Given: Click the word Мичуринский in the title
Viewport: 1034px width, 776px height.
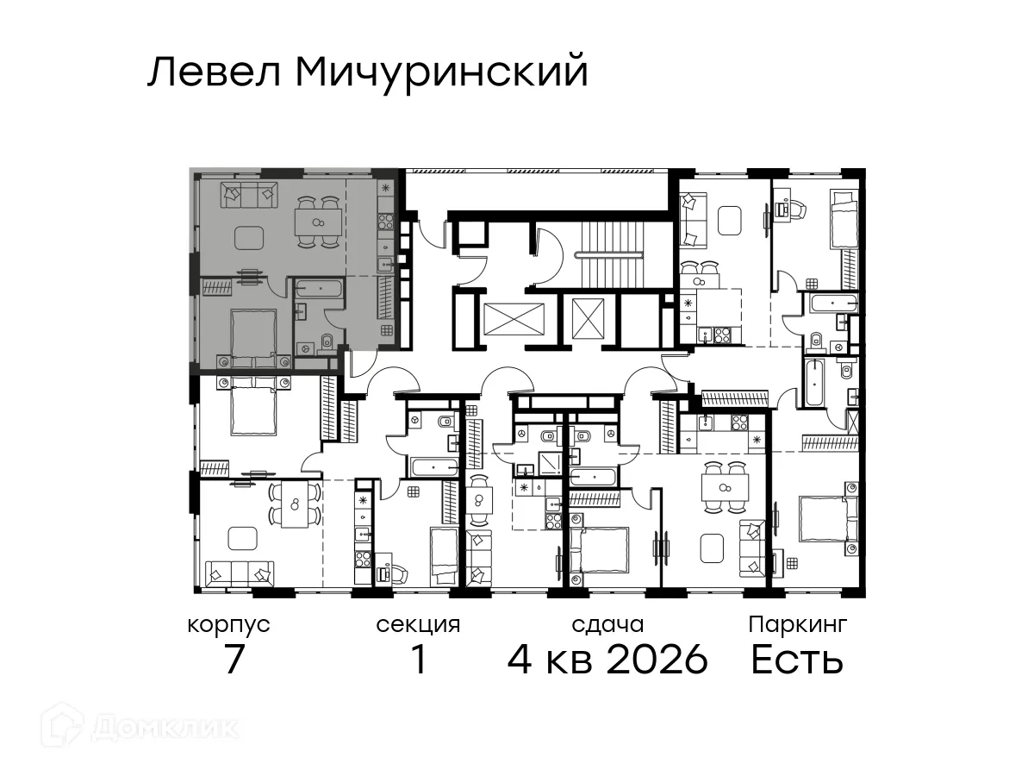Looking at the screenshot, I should coord(442,72).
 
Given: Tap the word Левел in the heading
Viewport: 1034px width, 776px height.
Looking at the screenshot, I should coord(215,72).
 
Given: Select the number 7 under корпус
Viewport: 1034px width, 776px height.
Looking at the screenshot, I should coord(233,660).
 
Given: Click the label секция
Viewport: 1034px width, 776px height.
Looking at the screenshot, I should coord(418,625).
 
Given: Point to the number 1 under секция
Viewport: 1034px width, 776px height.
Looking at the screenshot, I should coord(418,660).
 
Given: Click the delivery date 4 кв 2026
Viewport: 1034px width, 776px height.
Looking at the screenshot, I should coord(607,660).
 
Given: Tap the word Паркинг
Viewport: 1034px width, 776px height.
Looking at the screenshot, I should coord(797,625).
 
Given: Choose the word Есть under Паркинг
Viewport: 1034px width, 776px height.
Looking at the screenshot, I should coord(797,660).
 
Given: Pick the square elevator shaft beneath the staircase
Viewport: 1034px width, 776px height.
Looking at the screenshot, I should coord(589,320).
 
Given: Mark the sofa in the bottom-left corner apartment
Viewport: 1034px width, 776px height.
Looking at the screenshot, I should coord(240,572).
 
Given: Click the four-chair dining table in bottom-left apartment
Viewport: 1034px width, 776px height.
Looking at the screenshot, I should coord(295,504).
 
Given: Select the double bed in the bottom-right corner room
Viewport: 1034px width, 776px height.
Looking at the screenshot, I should coord(827,517).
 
